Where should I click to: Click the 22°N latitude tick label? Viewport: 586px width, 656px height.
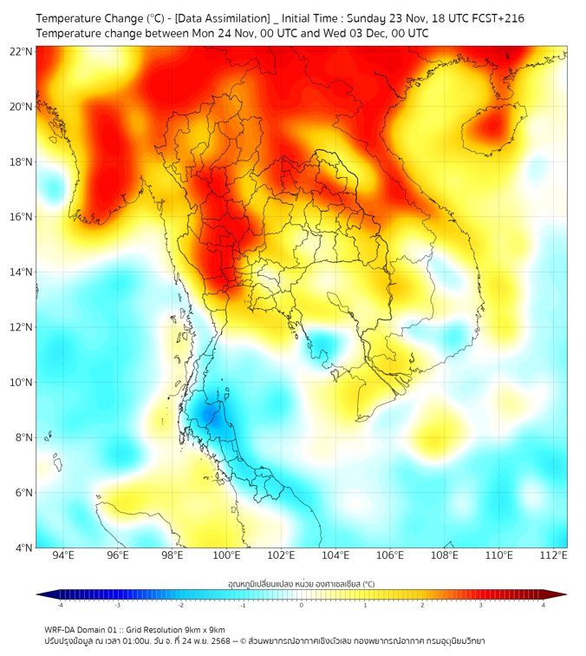click(x=22, y=51)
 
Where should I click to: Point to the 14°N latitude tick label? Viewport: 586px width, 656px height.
click(x=22, y=272)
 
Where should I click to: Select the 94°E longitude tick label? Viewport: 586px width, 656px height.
click(x=63, y=555)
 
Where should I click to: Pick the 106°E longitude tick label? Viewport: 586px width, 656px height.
click(x=390, y=555)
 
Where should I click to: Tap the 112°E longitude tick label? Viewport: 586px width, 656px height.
click(x=553, y=555)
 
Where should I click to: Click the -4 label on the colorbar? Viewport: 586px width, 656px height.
click(x=59, y=604)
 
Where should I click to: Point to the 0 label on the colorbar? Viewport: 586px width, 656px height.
click(x=302, y=604)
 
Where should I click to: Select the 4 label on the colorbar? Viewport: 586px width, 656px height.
click(x=543, y=604)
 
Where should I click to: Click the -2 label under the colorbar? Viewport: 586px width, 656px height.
click(x=180, y=604)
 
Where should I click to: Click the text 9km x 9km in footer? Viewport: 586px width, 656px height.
click(x=205, y=629)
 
